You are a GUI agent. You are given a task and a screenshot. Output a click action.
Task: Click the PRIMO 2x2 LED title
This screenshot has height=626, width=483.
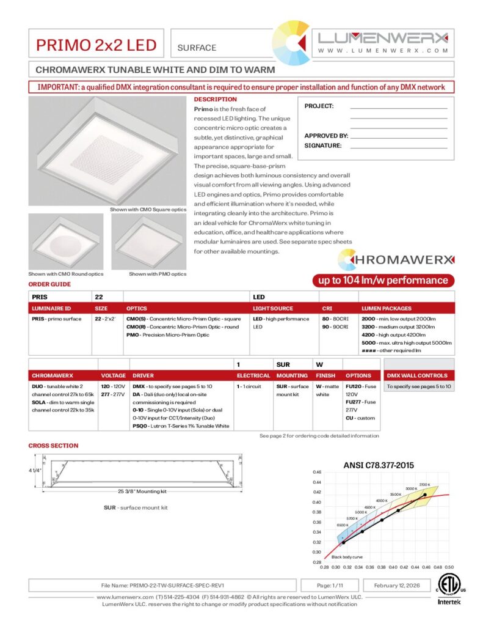96,45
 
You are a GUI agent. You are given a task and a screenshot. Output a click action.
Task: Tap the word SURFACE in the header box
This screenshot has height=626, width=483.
196,47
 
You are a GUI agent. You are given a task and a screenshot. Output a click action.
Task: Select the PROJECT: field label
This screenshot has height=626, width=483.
319,106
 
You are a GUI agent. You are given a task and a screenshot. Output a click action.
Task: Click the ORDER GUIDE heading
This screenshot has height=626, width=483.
49,284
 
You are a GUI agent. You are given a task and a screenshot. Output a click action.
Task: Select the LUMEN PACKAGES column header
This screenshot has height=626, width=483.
387,309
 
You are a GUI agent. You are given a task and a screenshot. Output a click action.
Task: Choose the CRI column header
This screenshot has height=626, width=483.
327,309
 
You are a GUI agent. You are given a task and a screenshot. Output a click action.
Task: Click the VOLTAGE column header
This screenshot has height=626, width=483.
114,375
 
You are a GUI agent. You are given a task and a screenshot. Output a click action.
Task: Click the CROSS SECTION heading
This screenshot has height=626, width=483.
53,446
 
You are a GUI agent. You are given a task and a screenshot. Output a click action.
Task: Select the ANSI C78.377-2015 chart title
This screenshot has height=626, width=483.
379,465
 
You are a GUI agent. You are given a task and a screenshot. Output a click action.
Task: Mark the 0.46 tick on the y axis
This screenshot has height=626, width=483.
317,473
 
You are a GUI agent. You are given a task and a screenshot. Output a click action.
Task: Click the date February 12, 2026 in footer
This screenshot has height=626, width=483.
396,585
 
